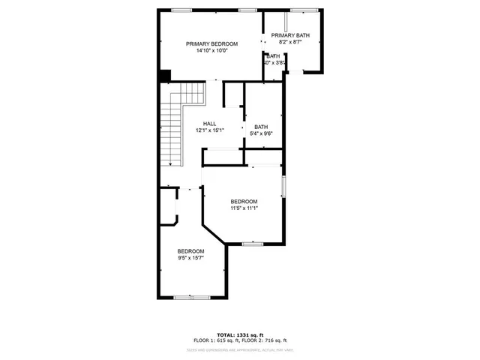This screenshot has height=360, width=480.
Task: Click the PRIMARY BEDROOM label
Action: click(x=212, y=44)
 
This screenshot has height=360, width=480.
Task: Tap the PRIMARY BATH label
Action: click(x=290, y=35)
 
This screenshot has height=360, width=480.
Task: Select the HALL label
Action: click(x=210, y=124)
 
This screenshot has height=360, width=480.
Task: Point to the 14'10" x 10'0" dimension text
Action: click(x=212, y=52)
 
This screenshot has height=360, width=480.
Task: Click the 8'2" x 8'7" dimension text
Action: click(x=290, y=43)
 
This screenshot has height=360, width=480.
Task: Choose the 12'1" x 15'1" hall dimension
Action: click(x=210, y=131)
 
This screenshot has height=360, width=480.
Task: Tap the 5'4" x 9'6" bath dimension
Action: click(x=261, y=134)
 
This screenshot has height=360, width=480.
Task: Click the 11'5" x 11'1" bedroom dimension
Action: click(x=244, y=208)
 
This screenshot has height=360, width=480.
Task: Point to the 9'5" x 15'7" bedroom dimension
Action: click(x=190, y=258)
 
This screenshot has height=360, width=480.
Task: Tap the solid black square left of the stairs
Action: click(x=165, y=76)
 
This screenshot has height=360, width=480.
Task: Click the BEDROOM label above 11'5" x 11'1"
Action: click(x=244, y=201)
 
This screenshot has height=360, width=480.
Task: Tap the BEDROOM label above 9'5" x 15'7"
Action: click(x=190, y=250)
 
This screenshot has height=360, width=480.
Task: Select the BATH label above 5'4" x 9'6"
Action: click(x=261, y=127)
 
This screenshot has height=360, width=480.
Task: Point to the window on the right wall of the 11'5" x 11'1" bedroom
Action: click(x=283, y=186)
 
